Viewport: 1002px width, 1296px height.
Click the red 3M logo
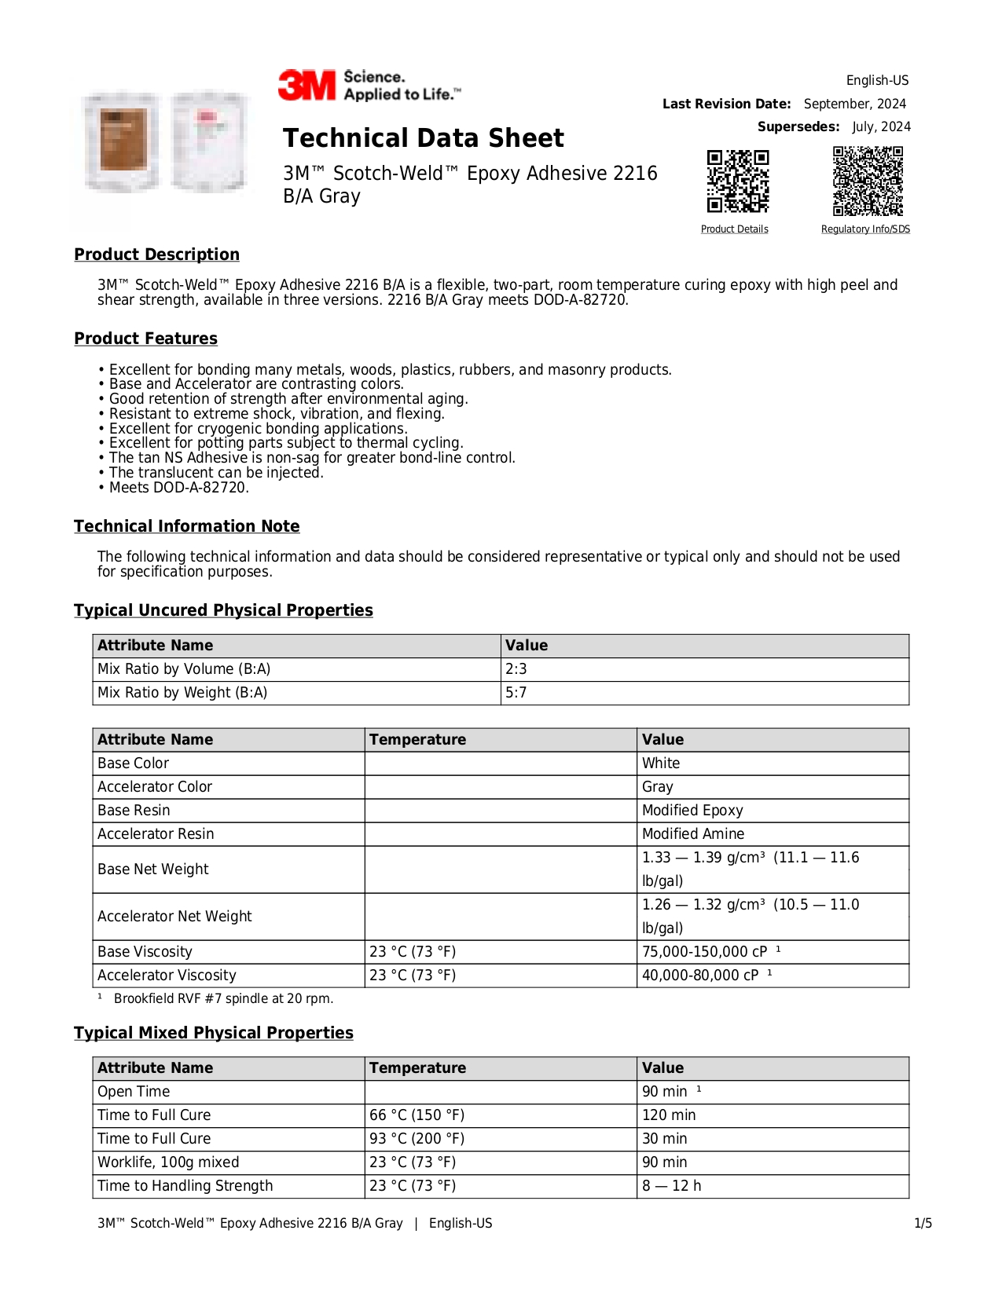point(306,85)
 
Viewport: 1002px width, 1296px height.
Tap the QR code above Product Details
point(737,181)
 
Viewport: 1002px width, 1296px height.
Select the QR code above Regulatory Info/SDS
point(868,181)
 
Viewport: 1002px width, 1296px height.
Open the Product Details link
point(734,229)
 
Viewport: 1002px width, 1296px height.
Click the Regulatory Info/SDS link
point(865,229)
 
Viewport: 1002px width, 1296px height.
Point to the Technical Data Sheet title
point(423,138)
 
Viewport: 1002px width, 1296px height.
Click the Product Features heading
point(145,339)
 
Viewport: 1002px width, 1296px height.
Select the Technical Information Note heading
point(186,526)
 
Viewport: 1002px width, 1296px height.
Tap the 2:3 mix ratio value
point(516,669)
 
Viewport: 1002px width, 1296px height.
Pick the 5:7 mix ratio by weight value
point(516,693)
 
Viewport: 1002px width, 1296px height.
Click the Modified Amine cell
point(692,834)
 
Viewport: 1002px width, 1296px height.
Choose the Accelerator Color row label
point(155,787)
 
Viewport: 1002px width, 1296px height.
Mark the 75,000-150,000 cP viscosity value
point(704,952)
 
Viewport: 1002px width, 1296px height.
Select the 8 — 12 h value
point(671,1186)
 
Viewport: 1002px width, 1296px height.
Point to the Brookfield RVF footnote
point(223,999)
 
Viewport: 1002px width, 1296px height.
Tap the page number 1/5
point(923,1224)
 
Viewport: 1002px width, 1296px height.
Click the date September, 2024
point(854,104)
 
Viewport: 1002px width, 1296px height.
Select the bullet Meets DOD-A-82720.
point(178,488)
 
